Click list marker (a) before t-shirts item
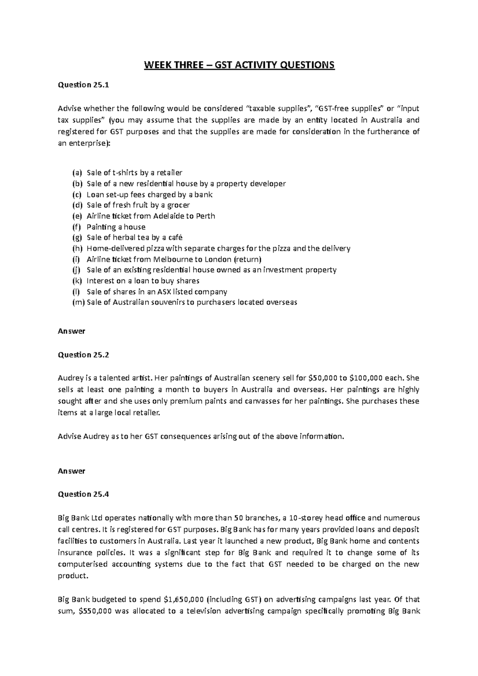coord(76,173)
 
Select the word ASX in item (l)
coord(165,291)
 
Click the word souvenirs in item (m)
coord(167,302)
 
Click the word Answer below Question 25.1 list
coord(72,331)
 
